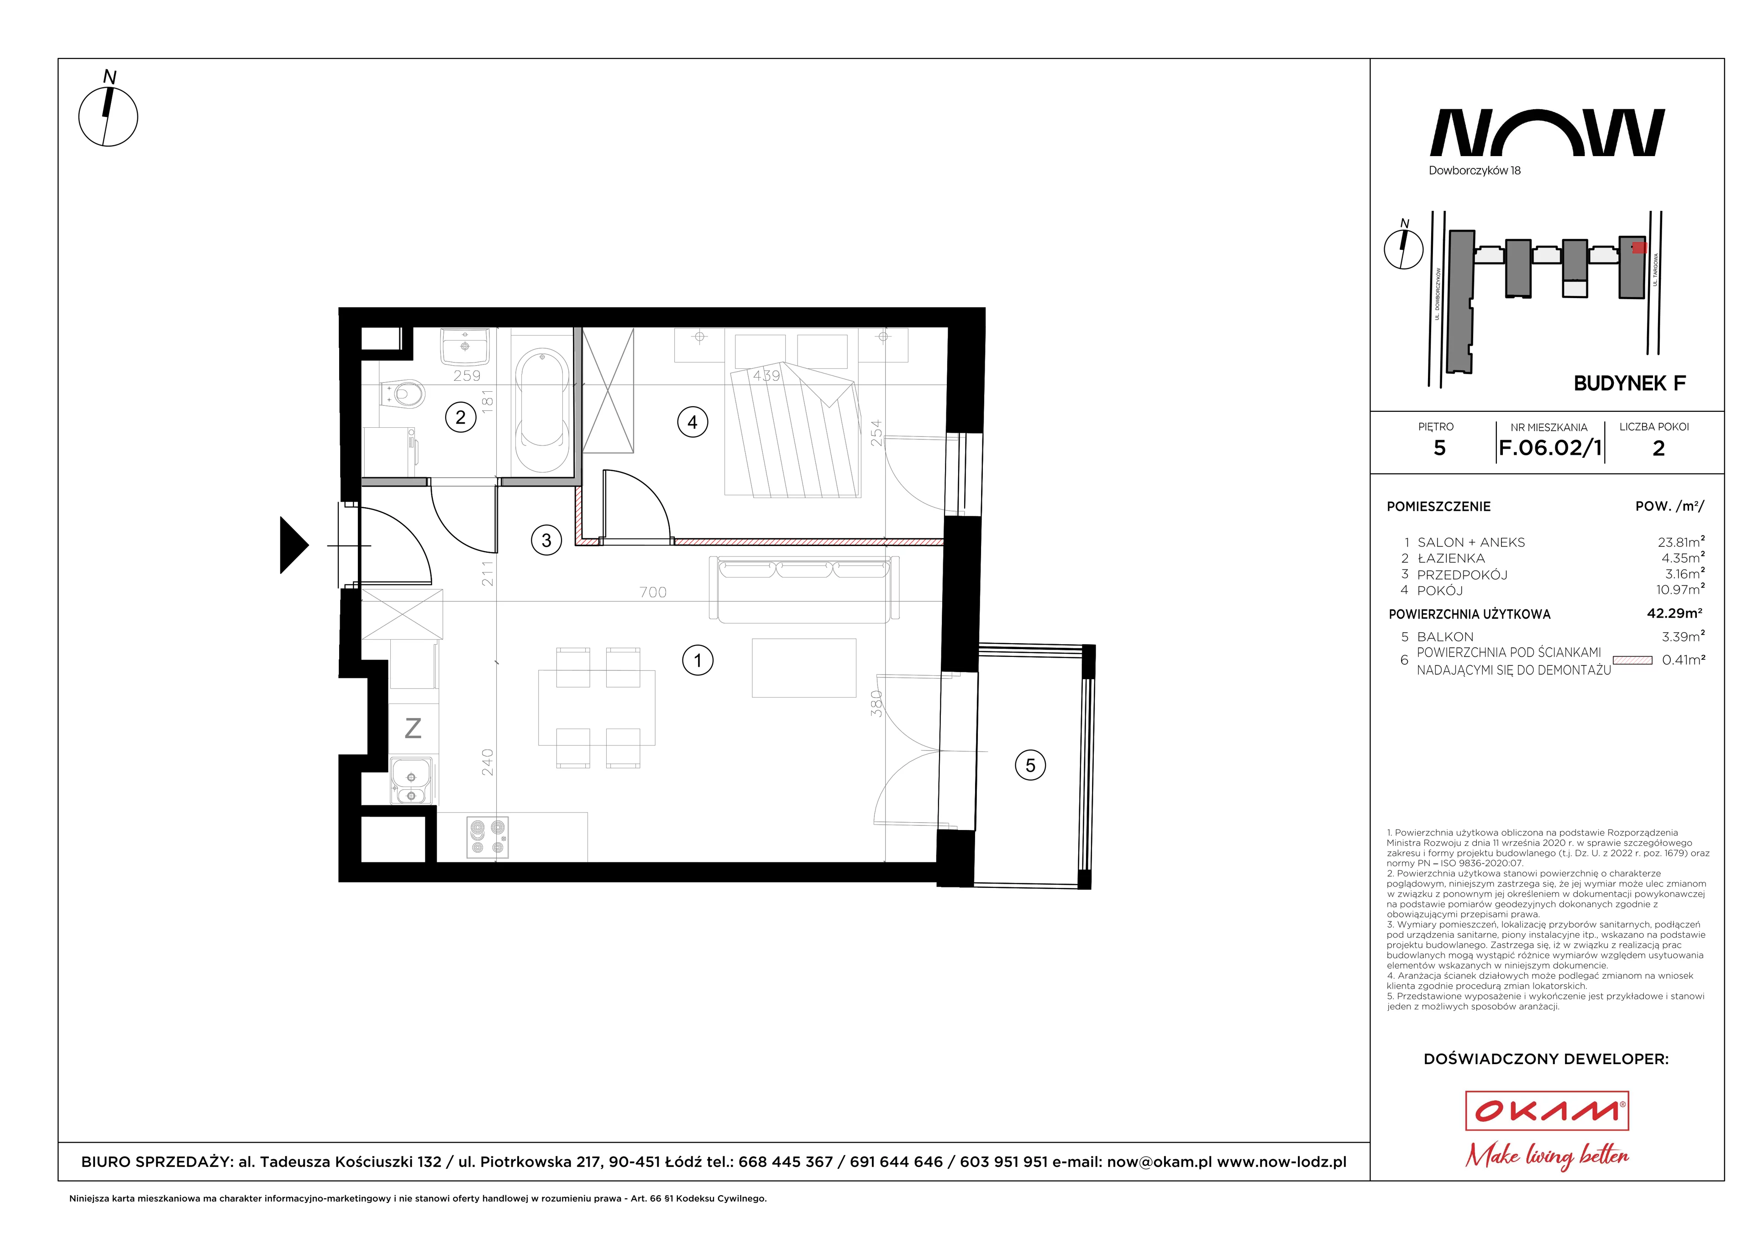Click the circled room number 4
click(693, 422)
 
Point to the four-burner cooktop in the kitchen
click(487, 837)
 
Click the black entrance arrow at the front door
click(294, 545)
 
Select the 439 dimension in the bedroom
click(766, 376)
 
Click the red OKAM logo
click(1547, 1111)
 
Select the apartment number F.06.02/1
click(1550, 448)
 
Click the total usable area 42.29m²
click(1674, 613)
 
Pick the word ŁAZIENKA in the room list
click(1451, 558)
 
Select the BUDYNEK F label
click(1629, 383)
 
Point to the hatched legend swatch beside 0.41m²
click(1632, 660)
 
